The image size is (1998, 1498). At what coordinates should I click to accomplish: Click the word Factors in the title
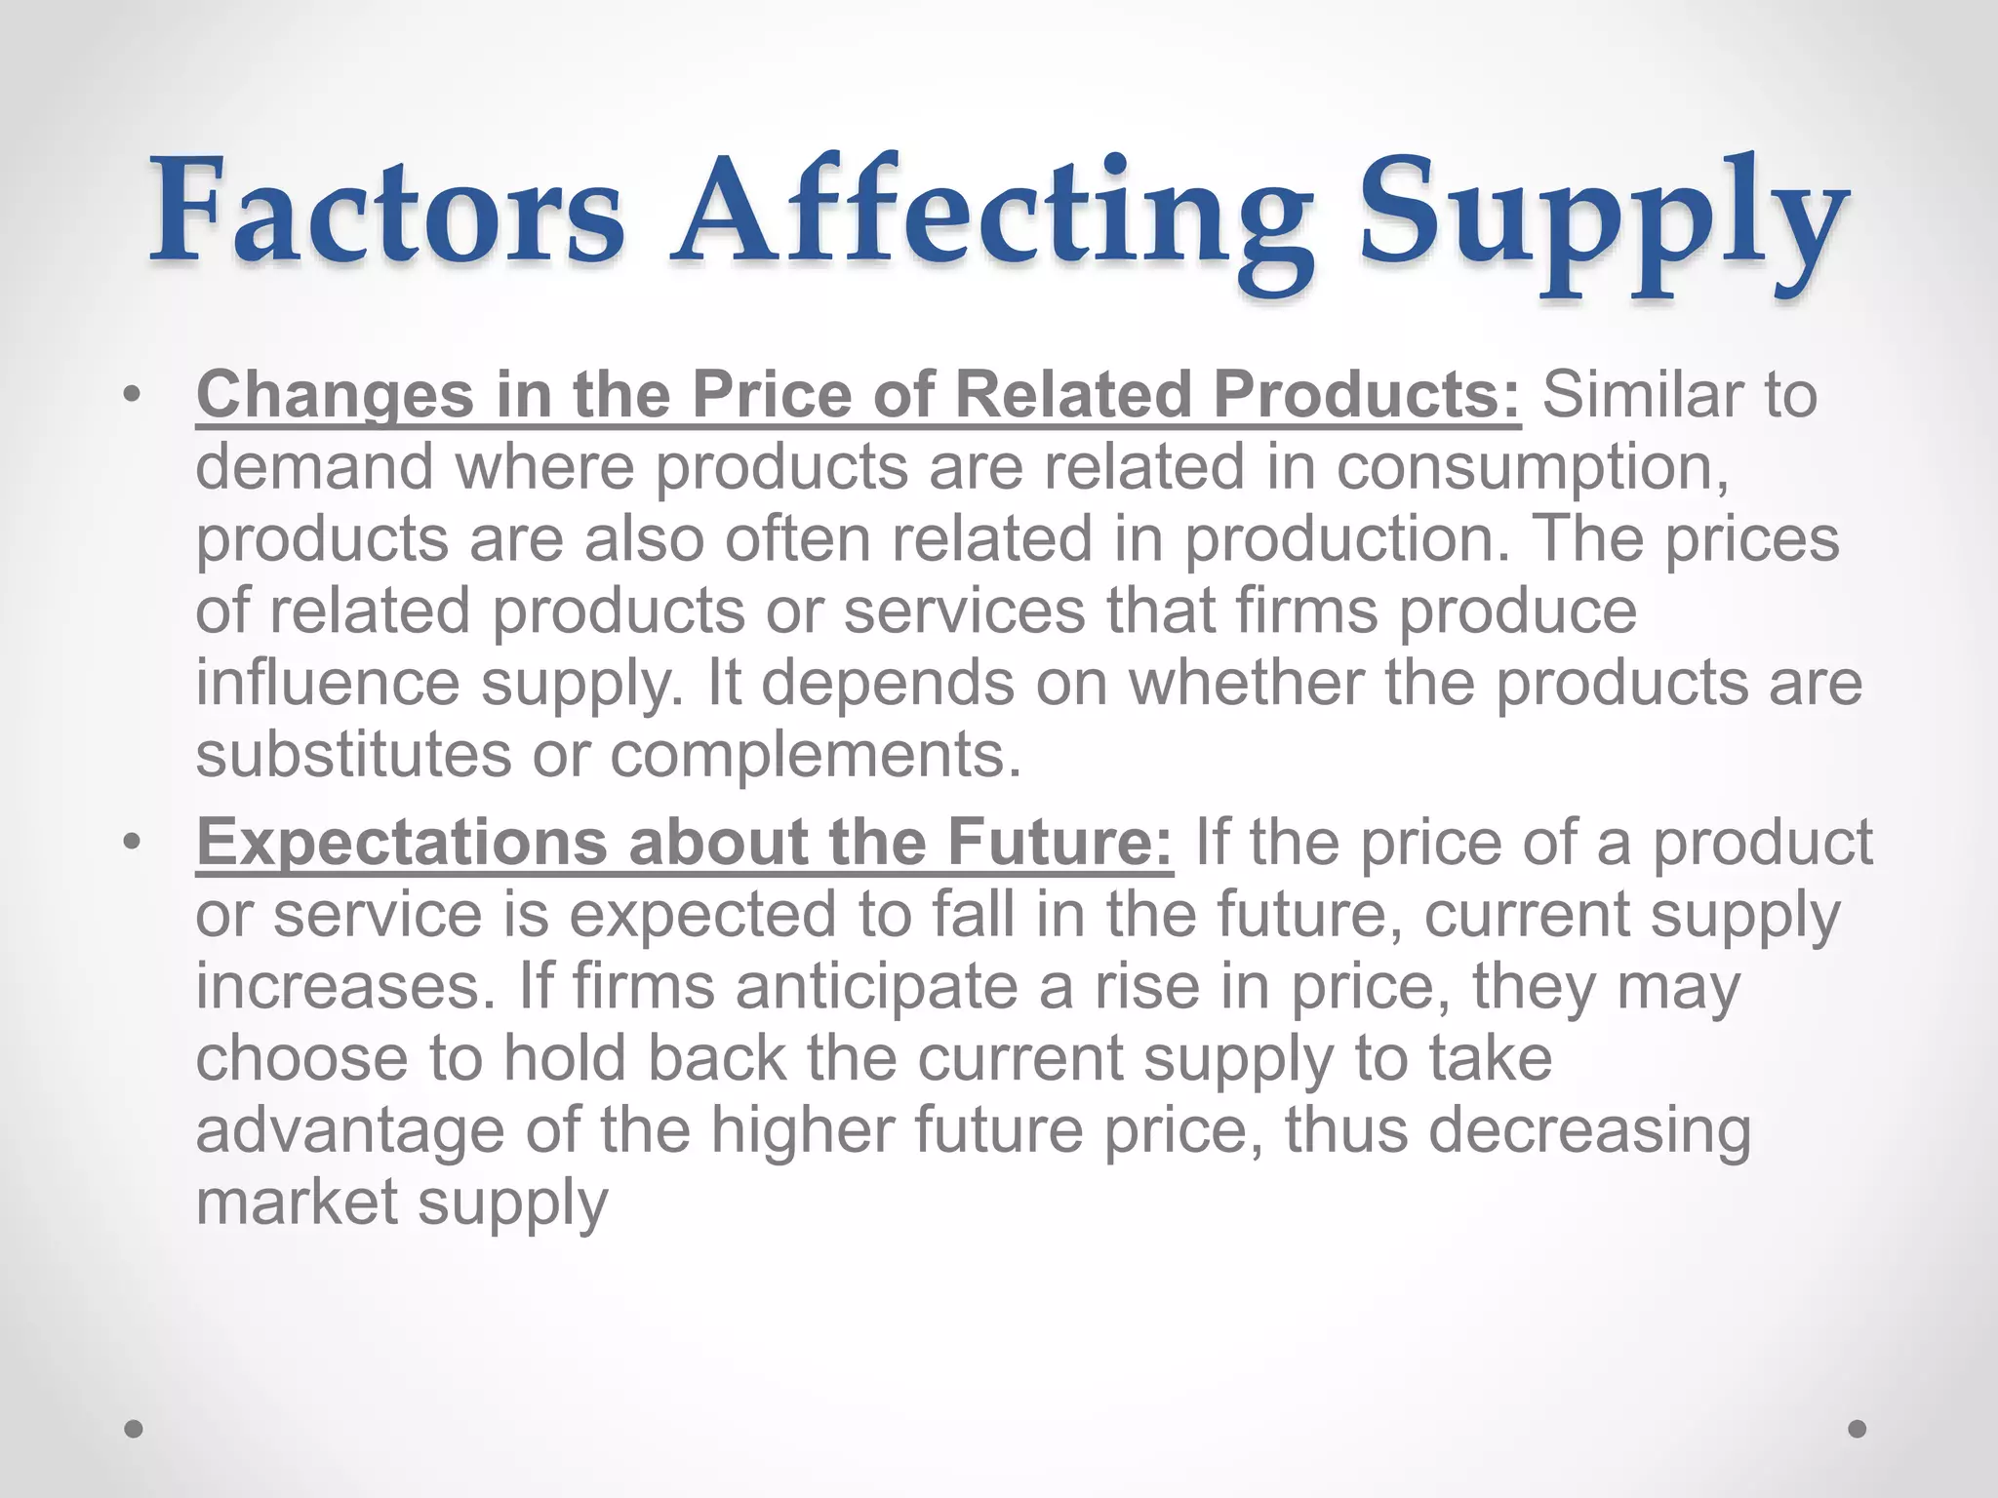pyautogui.click(x=386, y=213)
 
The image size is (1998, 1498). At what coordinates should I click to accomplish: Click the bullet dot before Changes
pyautogui.click(x=133, y=395)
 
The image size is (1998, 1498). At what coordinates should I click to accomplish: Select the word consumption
pyautogui.click(x=1532, y=468)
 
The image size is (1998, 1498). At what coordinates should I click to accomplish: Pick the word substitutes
pyautogui.click(x=353, y=755)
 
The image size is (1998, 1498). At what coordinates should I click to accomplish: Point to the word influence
pyautogui.click(x=327, y=682)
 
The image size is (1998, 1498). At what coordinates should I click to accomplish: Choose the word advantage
pyautogui.click(x=349, y=1131)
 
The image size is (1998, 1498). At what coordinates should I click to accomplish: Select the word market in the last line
pyautogui.click(x=297, y=1202)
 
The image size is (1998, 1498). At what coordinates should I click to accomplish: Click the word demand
pyautogui.click(x=314, y=467)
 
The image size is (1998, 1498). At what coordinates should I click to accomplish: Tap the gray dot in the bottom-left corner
pyautogui.click(x=135, y=1429)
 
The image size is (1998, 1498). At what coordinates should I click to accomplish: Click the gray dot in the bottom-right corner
pyautogui.click(x=1858, y=1429)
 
